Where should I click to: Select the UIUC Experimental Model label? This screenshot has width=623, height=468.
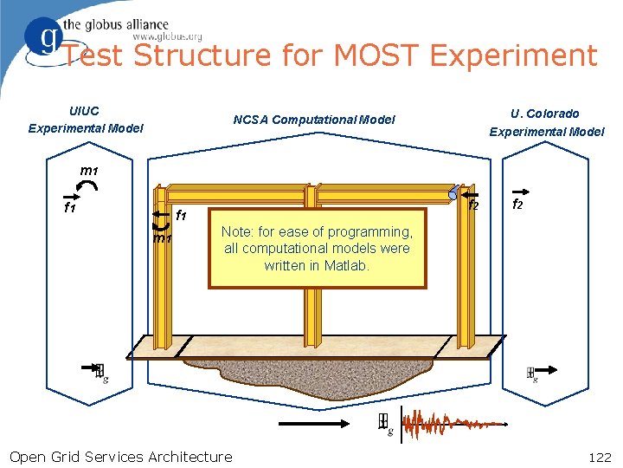click(x=85, y=120)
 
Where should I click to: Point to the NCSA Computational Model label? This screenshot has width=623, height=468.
click(x=314, y=120)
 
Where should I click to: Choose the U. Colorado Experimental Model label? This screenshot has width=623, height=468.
click(x=546, y=122)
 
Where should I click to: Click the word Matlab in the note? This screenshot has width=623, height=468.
click(x=346, y=265)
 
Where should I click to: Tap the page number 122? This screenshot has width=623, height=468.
click(x=599, y=456)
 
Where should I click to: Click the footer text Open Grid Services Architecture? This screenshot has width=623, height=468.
click(x=120, y=456)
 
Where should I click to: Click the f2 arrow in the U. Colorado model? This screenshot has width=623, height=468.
click(x=521, y=191)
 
